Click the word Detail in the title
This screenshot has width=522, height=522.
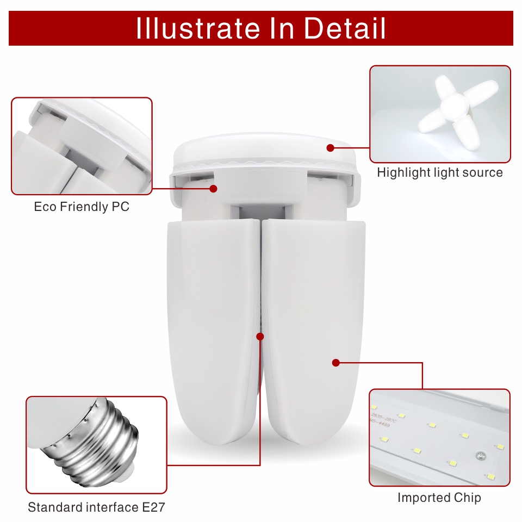345,28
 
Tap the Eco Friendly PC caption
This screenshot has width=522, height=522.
82,207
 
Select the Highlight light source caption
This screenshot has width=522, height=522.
440,173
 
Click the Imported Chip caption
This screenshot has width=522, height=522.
439,498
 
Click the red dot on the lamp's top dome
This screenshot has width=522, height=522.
330,147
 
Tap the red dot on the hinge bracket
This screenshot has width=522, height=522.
213,189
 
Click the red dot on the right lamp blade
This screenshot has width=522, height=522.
335,362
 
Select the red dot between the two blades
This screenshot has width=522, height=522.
260,337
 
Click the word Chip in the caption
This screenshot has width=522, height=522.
468,498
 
